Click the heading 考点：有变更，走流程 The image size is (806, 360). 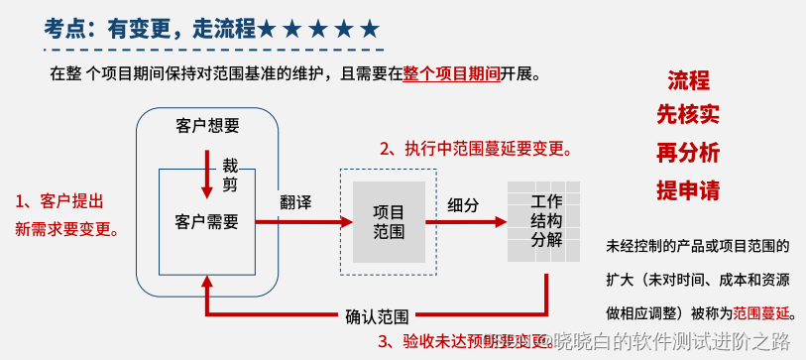(x=149, y=28)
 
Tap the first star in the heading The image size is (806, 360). (x=268, y=29)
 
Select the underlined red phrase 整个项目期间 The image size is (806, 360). (x=451, y=73)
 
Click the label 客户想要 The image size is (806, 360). (x=207, y=126)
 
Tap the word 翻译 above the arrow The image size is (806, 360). (x=295, y=202)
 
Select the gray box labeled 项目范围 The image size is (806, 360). (x=389, y=222)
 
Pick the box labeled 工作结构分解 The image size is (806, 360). (x=546, y=220)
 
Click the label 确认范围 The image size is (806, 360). (x=377, y=317)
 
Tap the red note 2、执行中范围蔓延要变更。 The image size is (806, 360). (x=476, y=150)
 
